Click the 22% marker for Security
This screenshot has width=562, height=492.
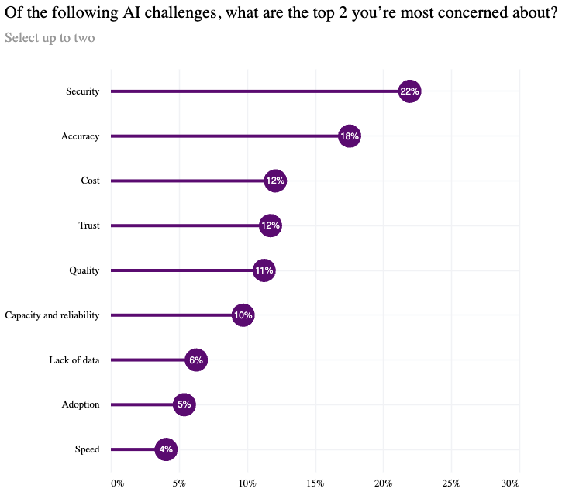tap(409, 91)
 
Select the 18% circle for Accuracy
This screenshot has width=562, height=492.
tap(350, 136)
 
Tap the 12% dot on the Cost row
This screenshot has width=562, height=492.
tap(275, 181)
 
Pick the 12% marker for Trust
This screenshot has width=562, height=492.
tap(271, 225)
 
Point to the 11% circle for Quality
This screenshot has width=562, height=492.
tap(264, 270)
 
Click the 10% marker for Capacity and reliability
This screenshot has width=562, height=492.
tap(243, 315)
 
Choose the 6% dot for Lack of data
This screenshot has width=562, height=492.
tap(196, 360)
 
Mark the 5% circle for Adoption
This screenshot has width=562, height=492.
tap(184, 404)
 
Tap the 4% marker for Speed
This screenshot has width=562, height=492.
tap(166, 449)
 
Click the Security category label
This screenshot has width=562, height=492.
tap(82, 91)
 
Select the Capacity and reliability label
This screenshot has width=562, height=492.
tap(52, 315)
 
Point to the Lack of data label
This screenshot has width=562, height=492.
tap(74, 360)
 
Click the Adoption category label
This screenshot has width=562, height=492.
tap(81, 404)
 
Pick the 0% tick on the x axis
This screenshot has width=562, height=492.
tap(117, 483)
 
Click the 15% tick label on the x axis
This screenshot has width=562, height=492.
tap(315, 483)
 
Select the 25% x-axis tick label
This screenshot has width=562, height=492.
tap(451, 483)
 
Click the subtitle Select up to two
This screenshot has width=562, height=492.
tap(50, 37)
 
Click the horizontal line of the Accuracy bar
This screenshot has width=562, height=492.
tap(225, 136)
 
